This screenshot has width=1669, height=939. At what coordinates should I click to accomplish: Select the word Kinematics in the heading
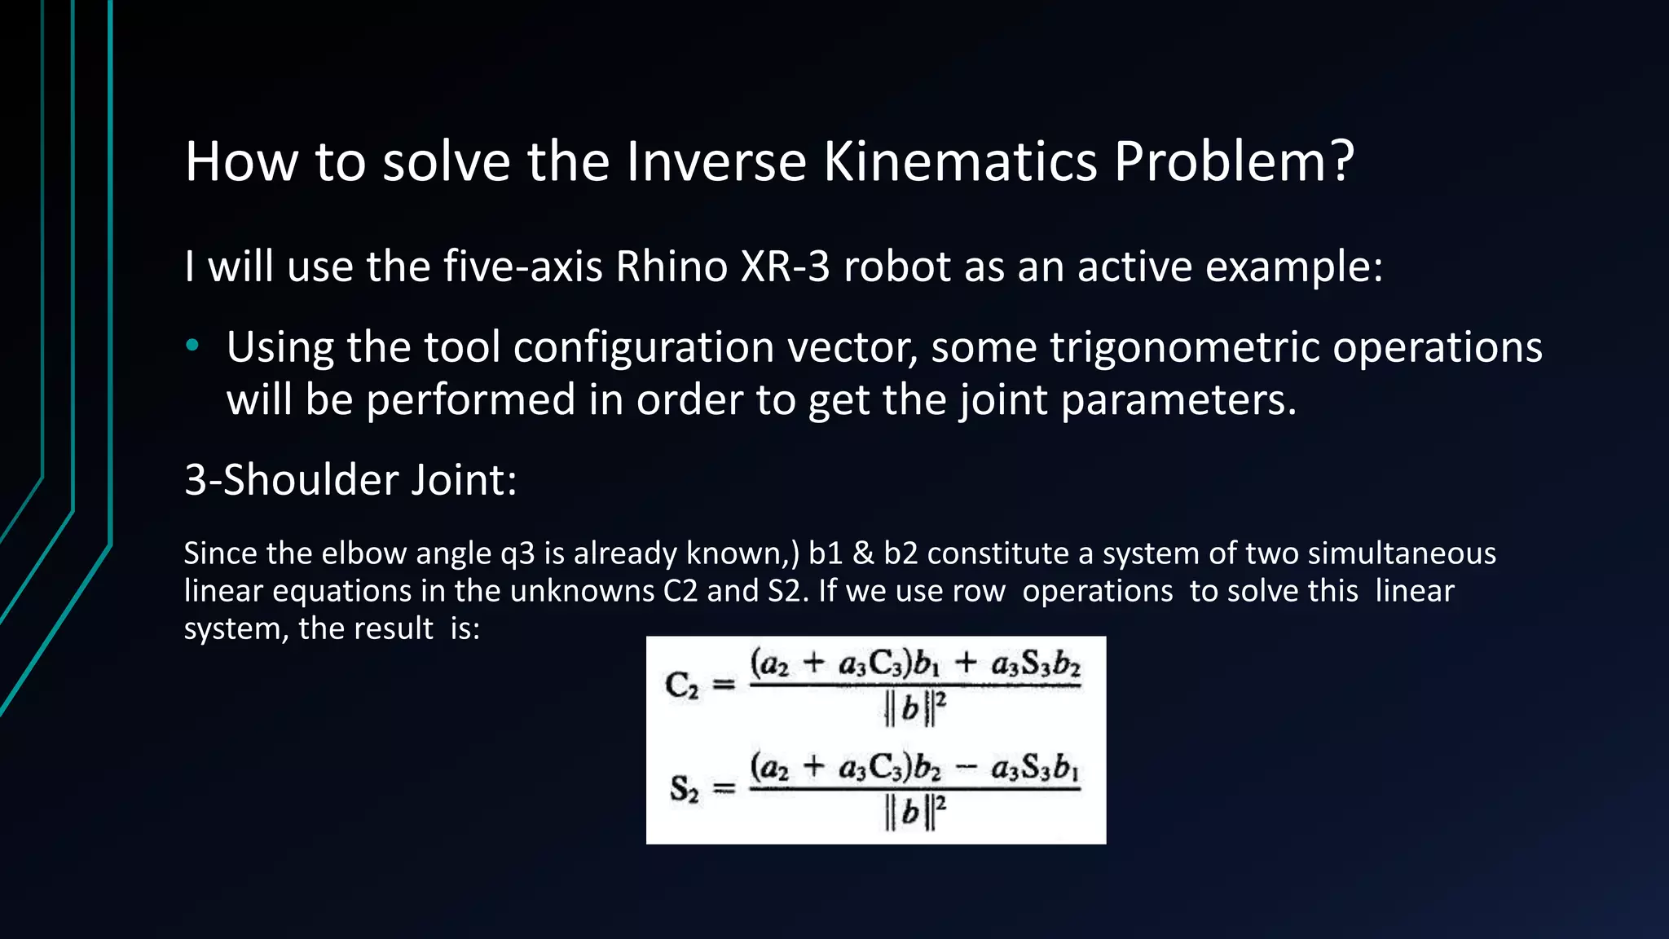pos(960,161)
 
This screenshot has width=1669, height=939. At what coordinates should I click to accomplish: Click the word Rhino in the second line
pos(671,267)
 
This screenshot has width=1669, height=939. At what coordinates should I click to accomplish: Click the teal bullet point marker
pos(192,346)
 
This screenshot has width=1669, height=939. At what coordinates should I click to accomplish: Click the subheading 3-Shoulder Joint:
pos(350,479)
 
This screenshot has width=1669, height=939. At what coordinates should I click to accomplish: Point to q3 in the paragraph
pos(517,554)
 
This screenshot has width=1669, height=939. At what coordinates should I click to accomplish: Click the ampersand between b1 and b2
pos(863,554)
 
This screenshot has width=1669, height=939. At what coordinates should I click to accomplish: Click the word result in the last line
pos(399,628)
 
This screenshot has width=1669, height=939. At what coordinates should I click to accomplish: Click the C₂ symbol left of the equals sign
pos(682,686)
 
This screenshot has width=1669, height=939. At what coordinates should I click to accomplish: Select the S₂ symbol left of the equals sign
pos(684,789)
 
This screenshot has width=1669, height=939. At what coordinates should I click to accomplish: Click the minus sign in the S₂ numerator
pos(965,769)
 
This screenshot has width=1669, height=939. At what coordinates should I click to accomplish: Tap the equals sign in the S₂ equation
pos(724,789)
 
